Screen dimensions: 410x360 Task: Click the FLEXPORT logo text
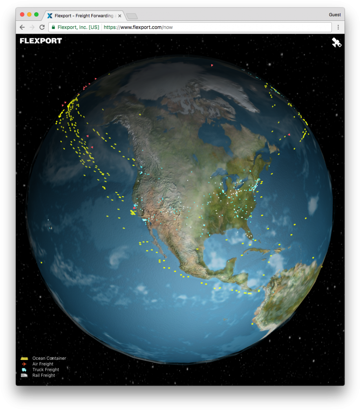click(x=41, y=41)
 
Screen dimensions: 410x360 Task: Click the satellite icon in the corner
click(x=336, y=42)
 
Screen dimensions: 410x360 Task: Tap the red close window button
click(x=22, y=15)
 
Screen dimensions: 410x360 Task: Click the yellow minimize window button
click(x=29, y=15)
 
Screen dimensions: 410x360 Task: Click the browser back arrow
click(x=22, y=27)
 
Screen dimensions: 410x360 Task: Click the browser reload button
click(x=42, y=27)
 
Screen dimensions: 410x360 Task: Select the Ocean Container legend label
click(x=49, y=359)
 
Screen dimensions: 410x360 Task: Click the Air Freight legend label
click(x=43, y=364)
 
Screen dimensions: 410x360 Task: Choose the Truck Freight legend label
click(x=46, y=370)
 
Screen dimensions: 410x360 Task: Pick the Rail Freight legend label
click(x=44, y=375)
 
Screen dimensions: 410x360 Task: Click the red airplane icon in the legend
click(x=24, y=364)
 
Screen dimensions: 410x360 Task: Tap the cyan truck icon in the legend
click(x=24, y=370)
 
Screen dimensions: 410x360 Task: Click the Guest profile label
click(x=335, y=15)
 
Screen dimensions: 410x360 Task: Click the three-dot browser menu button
click(x=338, y=27)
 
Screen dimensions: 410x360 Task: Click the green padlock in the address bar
click(x=53, y=27)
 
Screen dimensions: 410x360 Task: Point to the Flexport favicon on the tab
click(x=50, y=16)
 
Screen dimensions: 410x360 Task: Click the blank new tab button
click(x=132, y=16)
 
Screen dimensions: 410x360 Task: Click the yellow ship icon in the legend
click(x=24, y=358)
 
